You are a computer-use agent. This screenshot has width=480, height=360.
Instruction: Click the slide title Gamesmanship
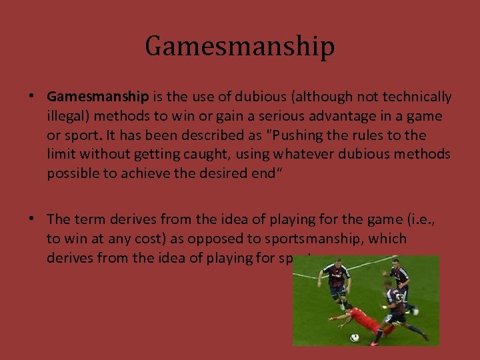click(x=239, y=47)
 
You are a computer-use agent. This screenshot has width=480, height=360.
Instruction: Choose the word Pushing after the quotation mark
click(x=295, y=135)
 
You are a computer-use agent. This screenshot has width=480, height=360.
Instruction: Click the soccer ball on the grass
click(x=354, y=338)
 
